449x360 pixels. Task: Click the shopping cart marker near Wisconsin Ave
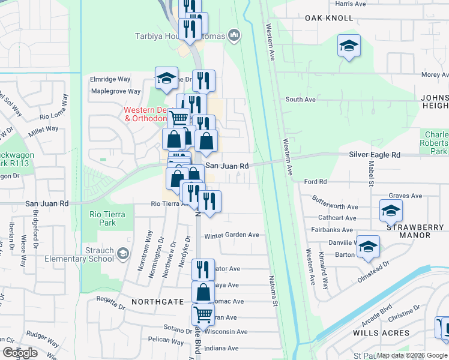tap(203, 314)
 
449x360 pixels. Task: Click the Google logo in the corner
tap(20, 353)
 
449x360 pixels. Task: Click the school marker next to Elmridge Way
tap(166, 78)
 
